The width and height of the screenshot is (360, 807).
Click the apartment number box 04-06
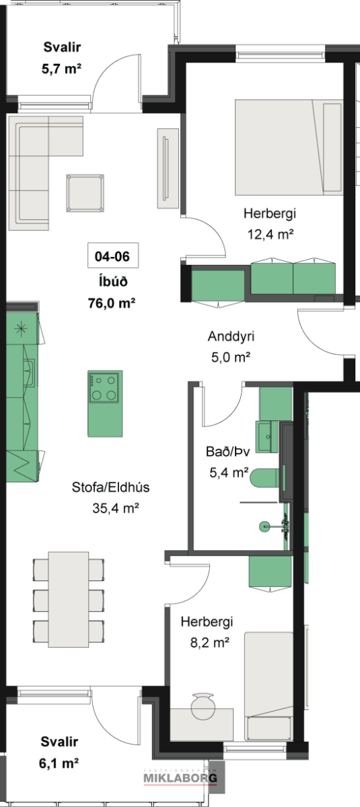pos(113,256)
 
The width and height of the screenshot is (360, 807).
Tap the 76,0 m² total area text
pos(112,303)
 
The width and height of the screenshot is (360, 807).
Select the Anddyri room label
pos(231,336)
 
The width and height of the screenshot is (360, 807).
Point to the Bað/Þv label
pos(227,451)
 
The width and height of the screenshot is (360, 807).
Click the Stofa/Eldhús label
pos(110,487)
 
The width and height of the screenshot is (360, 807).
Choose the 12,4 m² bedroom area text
pos(271,235)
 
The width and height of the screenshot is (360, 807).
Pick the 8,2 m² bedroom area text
pos(210,642)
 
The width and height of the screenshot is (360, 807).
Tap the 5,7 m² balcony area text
pos(62,69)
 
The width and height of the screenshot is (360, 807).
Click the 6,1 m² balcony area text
pos(59,763)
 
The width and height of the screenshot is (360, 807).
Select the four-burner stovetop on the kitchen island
pos(104,387)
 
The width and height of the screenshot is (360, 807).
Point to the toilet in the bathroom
pos(265,477)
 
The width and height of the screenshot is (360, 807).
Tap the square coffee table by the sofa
pos(85,194)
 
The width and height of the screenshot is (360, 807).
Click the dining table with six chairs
pos(69,599)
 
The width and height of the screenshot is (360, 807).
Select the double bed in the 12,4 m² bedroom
pos(289,147)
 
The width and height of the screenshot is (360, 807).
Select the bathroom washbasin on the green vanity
pos(266,437)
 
